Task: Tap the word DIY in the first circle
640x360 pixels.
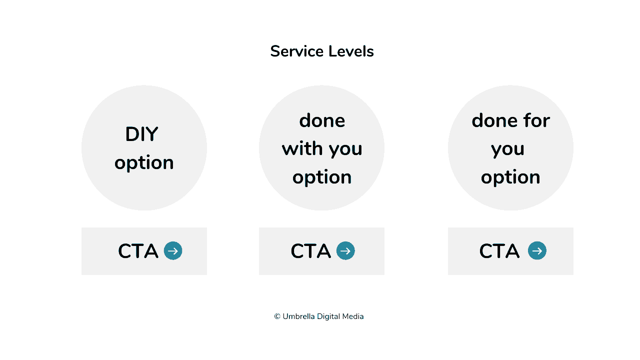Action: coord(141,134)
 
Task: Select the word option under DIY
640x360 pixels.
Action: coord(144,163)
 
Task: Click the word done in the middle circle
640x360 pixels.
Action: coord(322,120)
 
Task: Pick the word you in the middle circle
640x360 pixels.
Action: coord(345,149)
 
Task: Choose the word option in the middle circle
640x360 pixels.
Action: coord(322,177)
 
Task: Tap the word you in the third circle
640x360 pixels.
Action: coord(507,149)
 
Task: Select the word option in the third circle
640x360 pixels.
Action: coord(510,177)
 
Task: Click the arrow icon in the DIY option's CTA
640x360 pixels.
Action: coord(173,250)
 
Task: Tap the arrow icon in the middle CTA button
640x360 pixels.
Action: coord(345,250)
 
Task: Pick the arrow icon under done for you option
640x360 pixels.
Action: coord(537,250)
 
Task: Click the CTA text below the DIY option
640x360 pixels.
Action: coord(138,251)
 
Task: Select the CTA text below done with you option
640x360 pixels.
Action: coord(310,251)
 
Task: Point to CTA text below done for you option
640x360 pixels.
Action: coord(499,251)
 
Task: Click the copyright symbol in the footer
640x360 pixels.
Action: coord(277,316)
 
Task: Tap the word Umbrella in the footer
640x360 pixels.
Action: coord(298,316)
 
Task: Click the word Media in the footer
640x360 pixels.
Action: coord(352,316)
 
